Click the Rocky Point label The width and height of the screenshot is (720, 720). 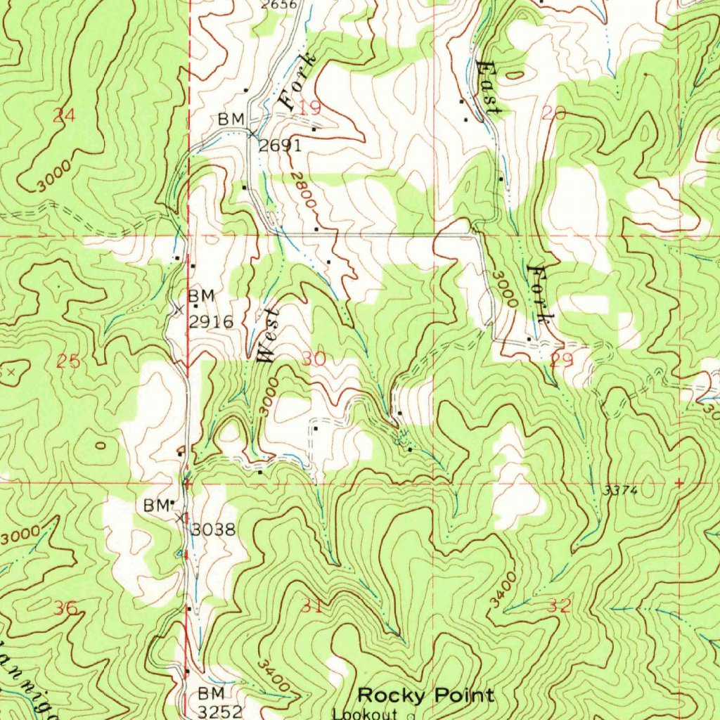pyautogui.click(x=425, y=695)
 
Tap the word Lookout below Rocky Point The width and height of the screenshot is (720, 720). pyautogui.click(x=366, y=713)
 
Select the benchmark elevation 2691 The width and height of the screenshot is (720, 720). pyautogui.click(x=280, y=146)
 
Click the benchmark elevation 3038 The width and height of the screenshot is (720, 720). pyautogui.click(x=213, y=529)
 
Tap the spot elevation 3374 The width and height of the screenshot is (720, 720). pyautogui.click(x=621, y=491)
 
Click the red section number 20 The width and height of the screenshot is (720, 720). pyautogui.click(x=555, y=112)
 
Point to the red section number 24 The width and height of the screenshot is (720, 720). pyautogui.click(x=64, y=117)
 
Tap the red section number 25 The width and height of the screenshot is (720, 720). pyautogui.click(x=68, y=361)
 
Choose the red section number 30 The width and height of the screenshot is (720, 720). pyautogui.click(x=314, y=359)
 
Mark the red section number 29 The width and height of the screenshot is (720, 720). pyautogui.click(x=562, y=361)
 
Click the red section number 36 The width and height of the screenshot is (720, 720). pyautogui.click(x=67, y=608)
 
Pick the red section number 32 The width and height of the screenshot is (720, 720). pyautogui.click(x=560, y=605)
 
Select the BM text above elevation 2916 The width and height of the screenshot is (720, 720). pyautogui.click(x=200, y=295)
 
